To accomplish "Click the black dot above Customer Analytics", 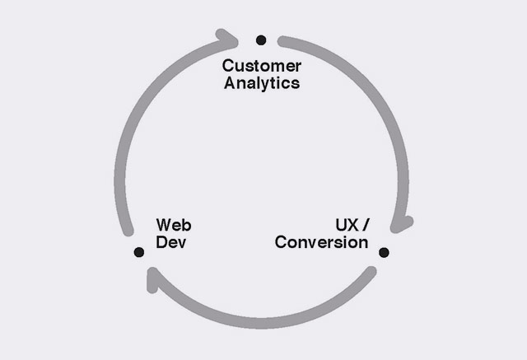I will pyautogui.click(x=261, y=40).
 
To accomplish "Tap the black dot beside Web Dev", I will pyautogui.click(x=138, y=251).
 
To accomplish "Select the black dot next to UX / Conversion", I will pyautogui.click(x=383, y=251).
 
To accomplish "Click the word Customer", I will pyautogui.click(x=262, y=66).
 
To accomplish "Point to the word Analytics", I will pyautogui.click(x=262, y=83).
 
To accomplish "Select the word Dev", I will pyautogui.click(x=170, y=243).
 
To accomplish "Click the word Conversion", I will pyautogui.click(x=321, y=243).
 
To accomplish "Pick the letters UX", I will pyautogui.click(x=346, y=225).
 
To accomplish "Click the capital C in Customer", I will pyautogui.click(x=229, y=66).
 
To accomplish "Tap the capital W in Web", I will pyautogui.click(x=163, y=225).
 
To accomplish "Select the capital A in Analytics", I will pyautogui.click(x=230, y=83).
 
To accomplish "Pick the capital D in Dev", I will pyautogui.click(x=161, y=243).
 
